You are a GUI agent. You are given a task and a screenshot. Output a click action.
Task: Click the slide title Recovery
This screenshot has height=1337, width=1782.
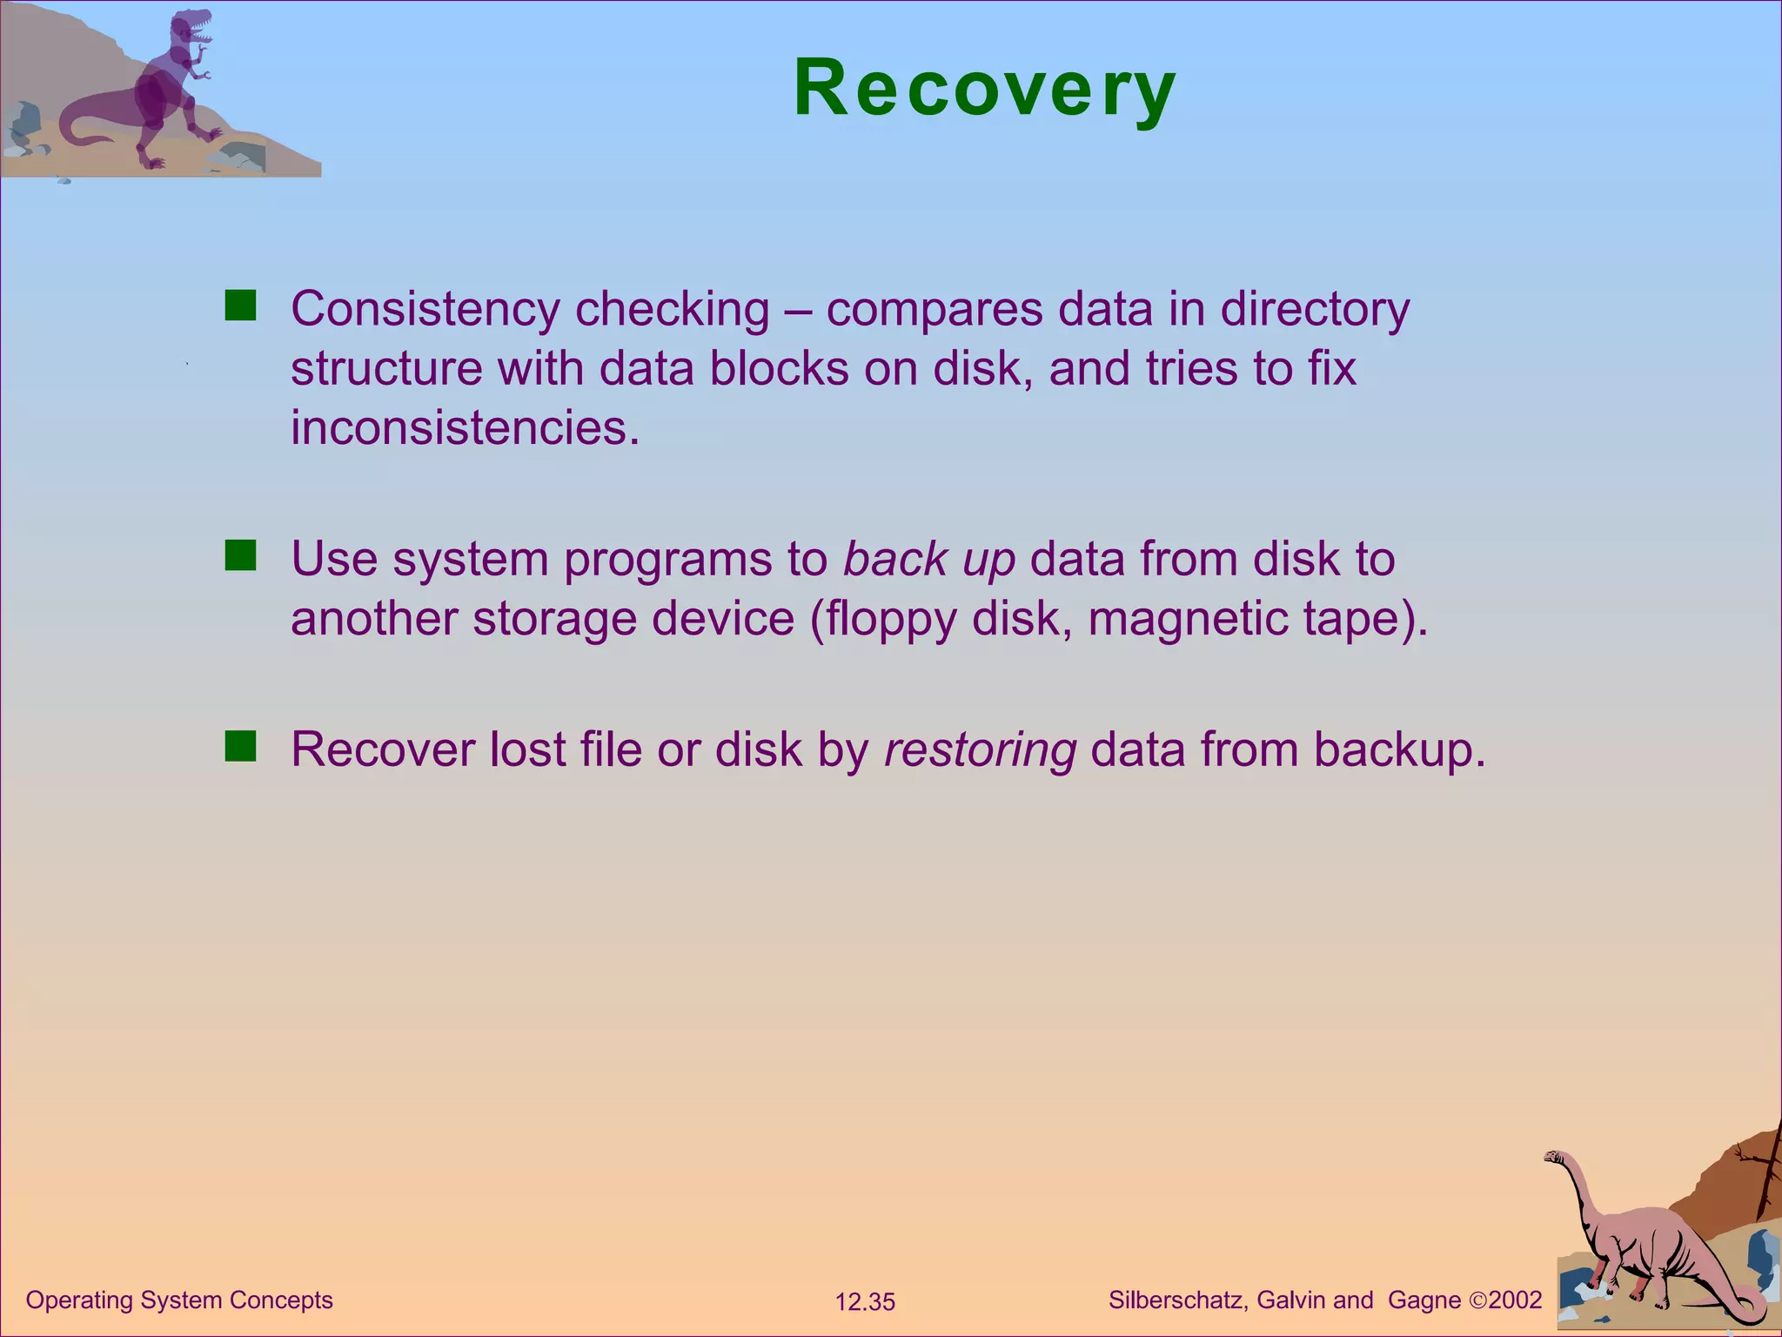pyautogui.click(x=985, y=89)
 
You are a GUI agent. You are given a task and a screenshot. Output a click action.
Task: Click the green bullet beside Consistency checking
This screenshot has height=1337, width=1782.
pyautogui.click(x=240, y=306)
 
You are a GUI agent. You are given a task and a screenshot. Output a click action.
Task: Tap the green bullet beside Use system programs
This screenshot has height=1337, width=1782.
pyautogui.click(x=240, y=555)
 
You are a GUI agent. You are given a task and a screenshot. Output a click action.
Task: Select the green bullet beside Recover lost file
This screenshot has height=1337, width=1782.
pyautogui.click(x=240, y=746)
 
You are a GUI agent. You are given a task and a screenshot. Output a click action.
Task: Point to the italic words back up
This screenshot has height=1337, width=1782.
pyautogui.click(x=929, y=560)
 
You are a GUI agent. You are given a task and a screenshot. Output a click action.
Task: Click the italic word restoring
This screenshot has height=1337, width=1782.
pyautogui.click(x=980, y=750)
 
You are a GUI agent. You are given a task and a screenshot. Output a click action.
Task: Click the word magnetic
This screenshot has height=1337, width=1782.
pyautogui.click(x=1188, y=620)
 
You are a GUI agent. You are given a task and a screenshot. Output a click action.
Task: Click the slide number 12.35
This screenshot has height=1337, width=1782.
pyautogui.click(x=865, y=1302)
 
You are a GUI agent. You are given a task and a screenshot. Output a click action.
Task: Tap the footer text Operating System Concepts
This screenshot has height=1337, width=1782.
pyautogui.click(x=179, y=1300)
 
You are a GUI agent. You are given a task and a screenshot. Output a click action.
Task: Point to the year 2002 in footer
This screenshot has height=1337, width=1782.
pyautogui.click(x=1515, y=1300)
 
